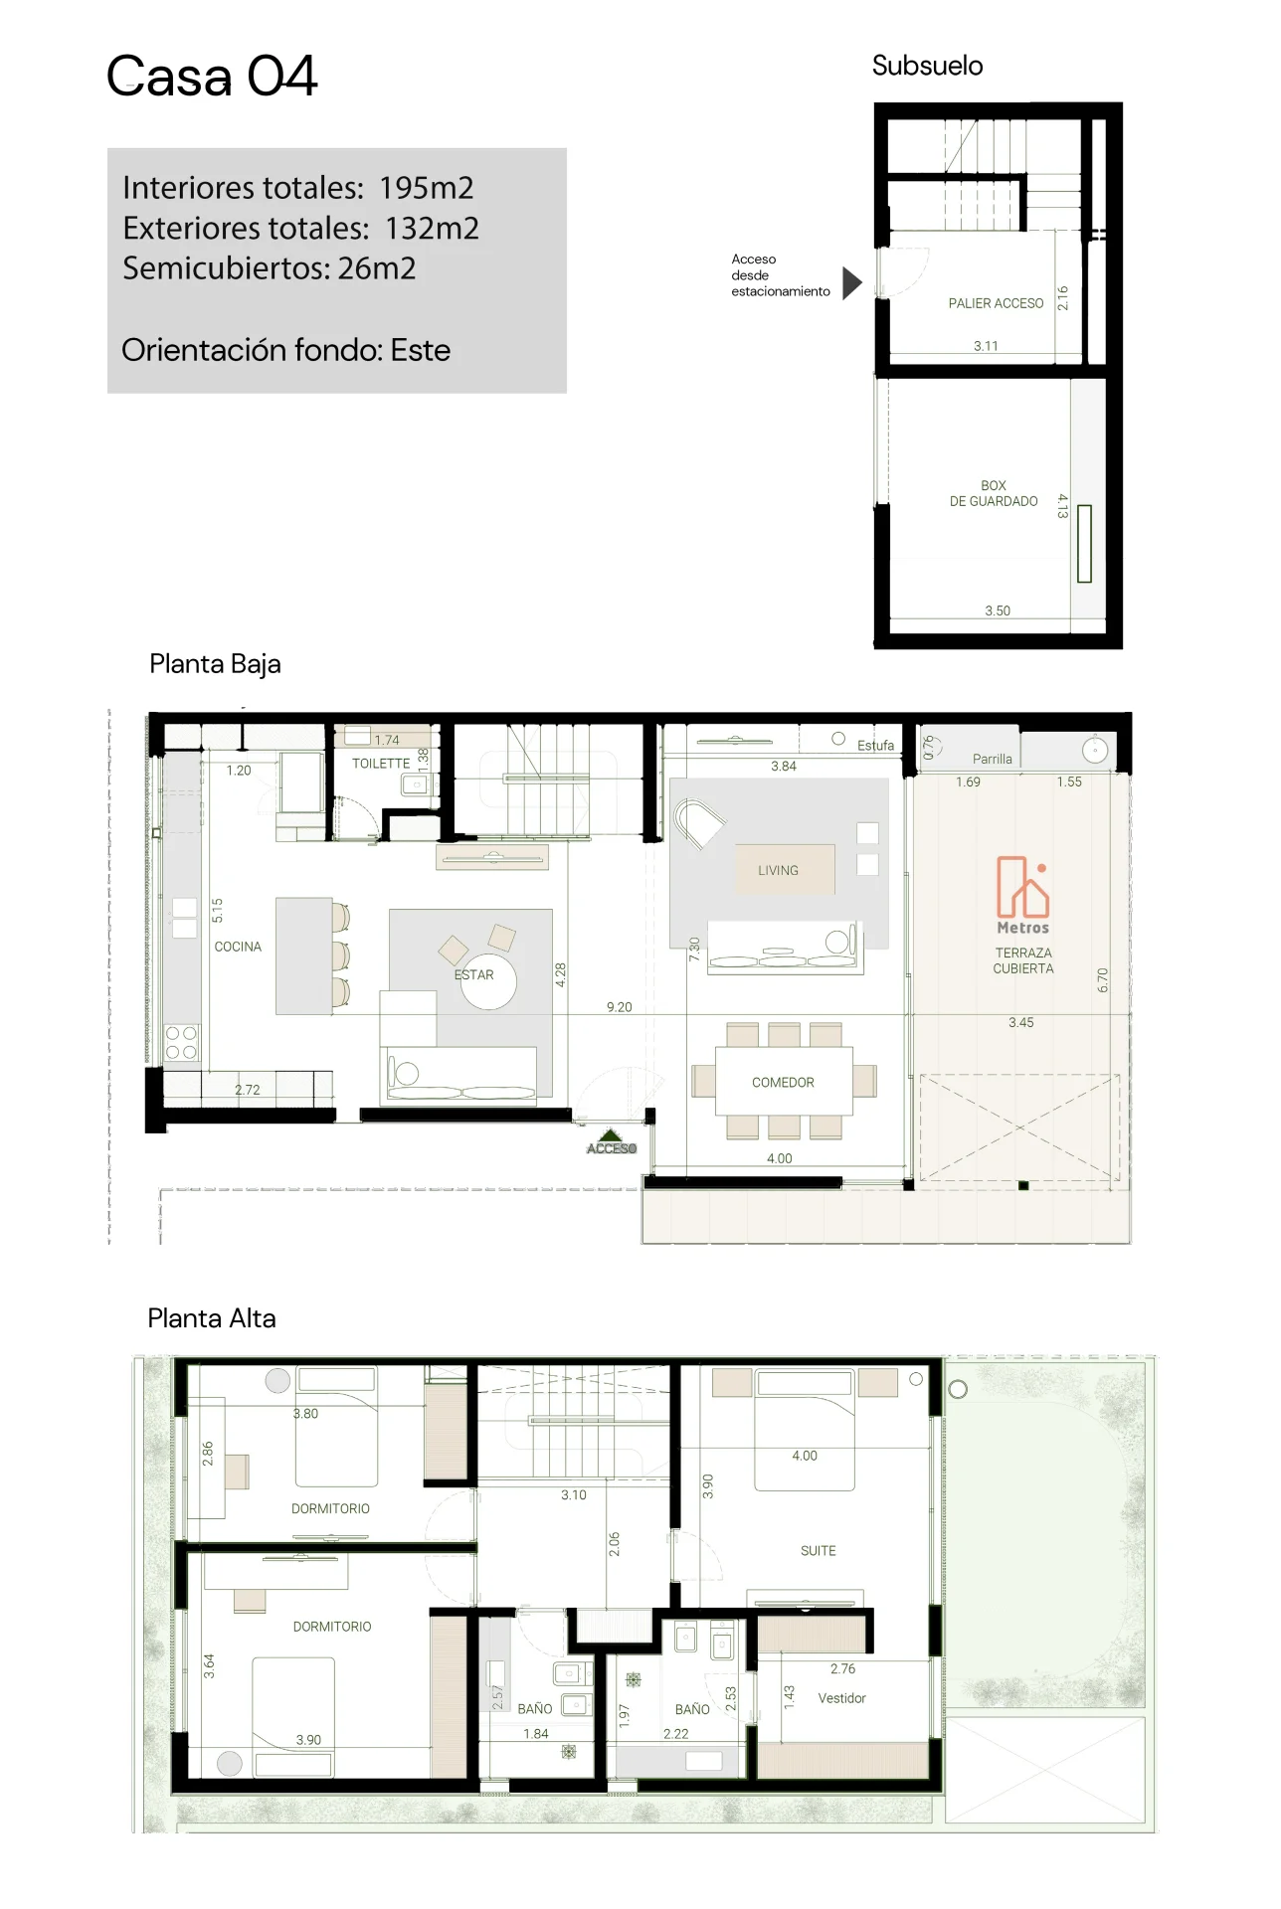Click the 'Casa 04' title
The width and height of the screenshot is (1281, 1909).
pos(212,77)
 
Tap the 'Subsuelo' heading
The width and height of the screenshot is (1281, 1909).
pos(927,66)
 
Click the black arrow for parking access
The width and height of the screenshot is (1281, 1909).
pos(852,283)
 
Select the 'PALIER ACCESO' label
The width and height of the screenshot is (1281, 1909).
pos(996,303)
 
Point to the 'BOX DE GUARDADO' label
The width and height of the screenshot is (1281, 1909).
pos(994,493)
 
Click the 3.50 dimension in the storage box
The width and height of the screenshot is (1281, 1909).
pos(998,610)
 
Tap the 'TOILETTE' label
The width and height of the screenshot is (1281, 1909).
pos(381,764)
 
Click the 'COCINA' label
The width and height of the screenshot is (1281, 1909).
pos(238,947)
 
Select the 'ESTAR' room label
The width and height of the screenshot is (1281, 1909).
pos(473,974)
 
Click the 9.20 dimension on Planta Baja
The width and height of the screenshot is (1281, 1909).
pos(619,1007)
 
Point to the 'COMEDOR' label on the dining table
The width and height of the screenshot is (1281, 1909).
pos(783,1082)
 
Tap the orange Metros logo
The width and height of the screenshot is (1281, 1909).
pos(1023,895)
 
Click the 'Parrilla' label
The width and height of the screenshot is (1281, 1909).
pos(992,759)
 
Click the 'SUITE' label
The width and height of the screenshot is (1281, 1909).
pos(818,1550)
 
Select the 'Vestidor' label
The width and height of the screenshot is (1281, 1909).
pos(841,1697)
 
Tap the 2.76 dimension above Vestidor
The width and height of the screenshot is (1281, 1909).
pos(842,1668)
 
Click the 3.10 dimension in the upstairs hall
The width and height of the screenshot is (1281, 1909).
pos(573,1494)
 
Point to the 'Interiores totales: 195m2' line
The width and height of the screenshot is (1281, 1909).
pos(297,187)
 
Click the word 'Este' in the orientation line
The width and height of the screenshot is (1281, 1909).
pos(420,350)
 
